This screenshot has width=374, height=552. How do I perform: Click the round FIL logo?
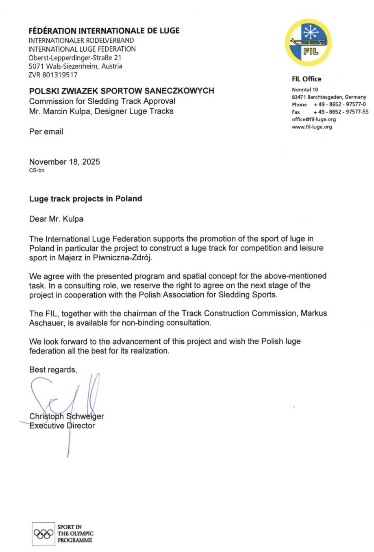[x=308, y=42]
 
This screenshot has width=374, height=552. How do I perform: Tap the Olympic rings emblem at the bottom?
[x=43, y=533]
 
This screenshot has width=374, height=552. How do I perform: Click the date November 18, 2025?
[x=64, y=162]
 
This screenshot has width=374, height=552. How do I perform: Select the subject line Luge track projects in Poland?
[x=85, y=199]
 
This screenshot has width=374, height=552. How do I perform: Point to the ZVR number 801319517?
[x=53, y=75]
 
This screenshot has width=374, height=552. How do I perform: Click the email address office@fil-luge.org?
[x=314, y=119]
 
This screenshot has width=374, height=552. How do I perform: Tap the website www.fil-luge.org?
[x=312, y=127]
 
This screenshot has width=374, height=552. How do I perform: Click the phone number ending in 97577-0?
[x=339, y=105]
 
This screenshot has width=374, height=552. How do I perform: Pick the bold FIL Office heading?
[x=306, y=79]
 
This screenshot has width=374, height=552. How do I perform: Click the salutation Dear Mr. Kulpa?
[x=56, y=219]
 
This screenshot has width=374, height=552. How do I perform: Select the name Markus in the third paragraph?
[x=314, y=313]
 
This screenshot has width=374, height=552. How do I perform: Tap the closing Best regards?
[x=53, y=370]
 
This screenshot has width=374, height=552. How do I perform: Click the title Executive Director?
[x=62, y=426]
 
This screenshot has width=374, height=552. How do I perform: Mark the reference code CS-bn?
[x=37, y=170]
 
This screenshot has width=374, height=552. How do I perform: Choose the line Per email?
[x=46, y=132]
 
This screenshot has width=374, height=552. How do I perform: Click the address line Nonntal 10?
[x=305, y=89]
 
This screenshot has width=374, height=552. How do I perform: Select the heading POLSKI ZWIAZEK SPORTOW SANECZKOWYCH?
[x=122, y=91]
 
